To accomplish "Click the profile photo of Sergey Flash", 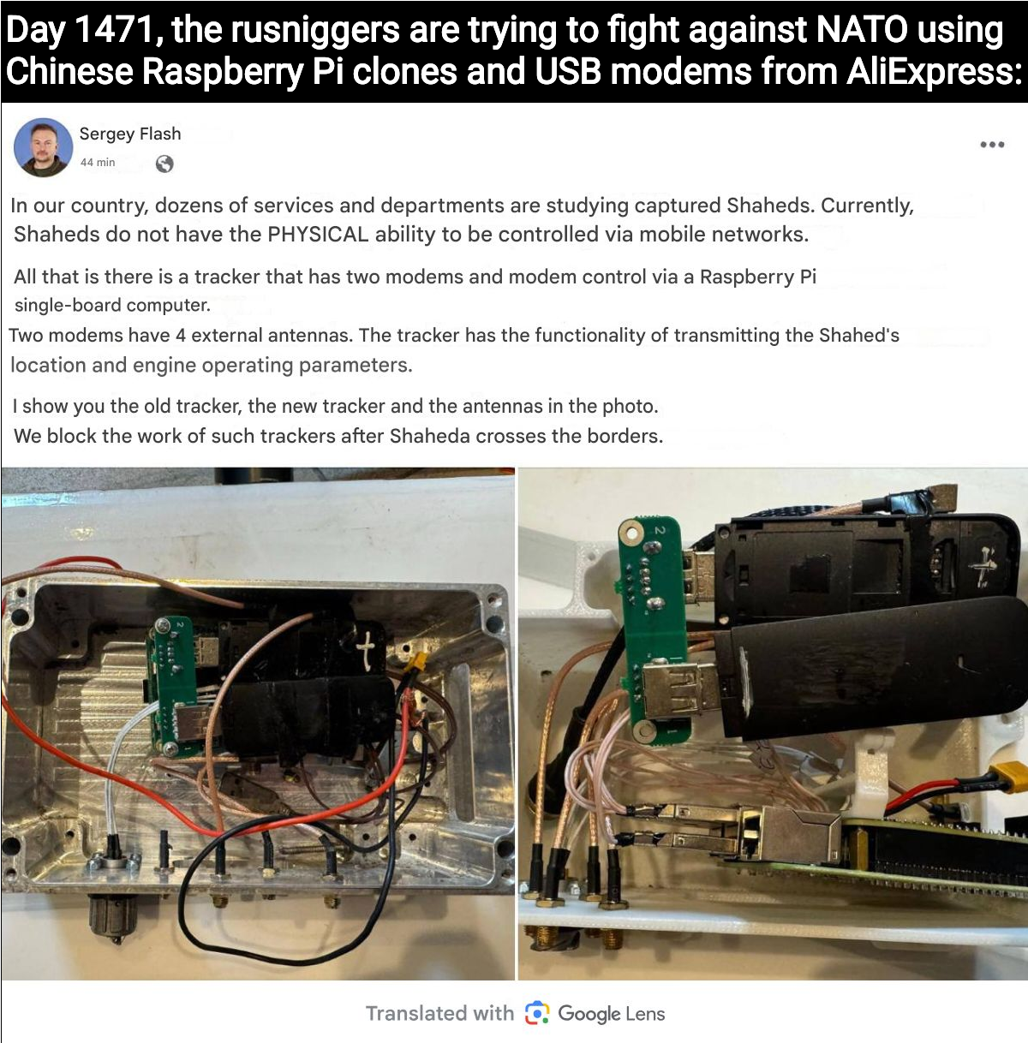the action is click(x=43, y=148).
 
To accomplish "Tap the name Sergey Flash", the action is click(x=130, y=134).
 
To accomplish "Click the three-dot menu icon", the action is click(x=992, y=145).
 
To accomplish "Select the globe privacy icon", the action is click(x=164, y=164).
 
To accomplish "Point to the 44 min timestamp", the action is click(x=98, y=163).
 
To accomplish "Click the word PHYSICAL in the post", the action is click(x=318, y=235).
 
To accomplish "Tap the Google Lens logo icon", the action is click(x=537, y=1013).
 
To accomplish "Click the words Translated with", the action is click(x=439, y=1013).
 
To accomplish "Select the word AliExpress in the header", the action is click(x=929, y=71).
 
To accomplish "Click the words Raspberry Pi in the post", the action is click(x=758, y=277).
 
